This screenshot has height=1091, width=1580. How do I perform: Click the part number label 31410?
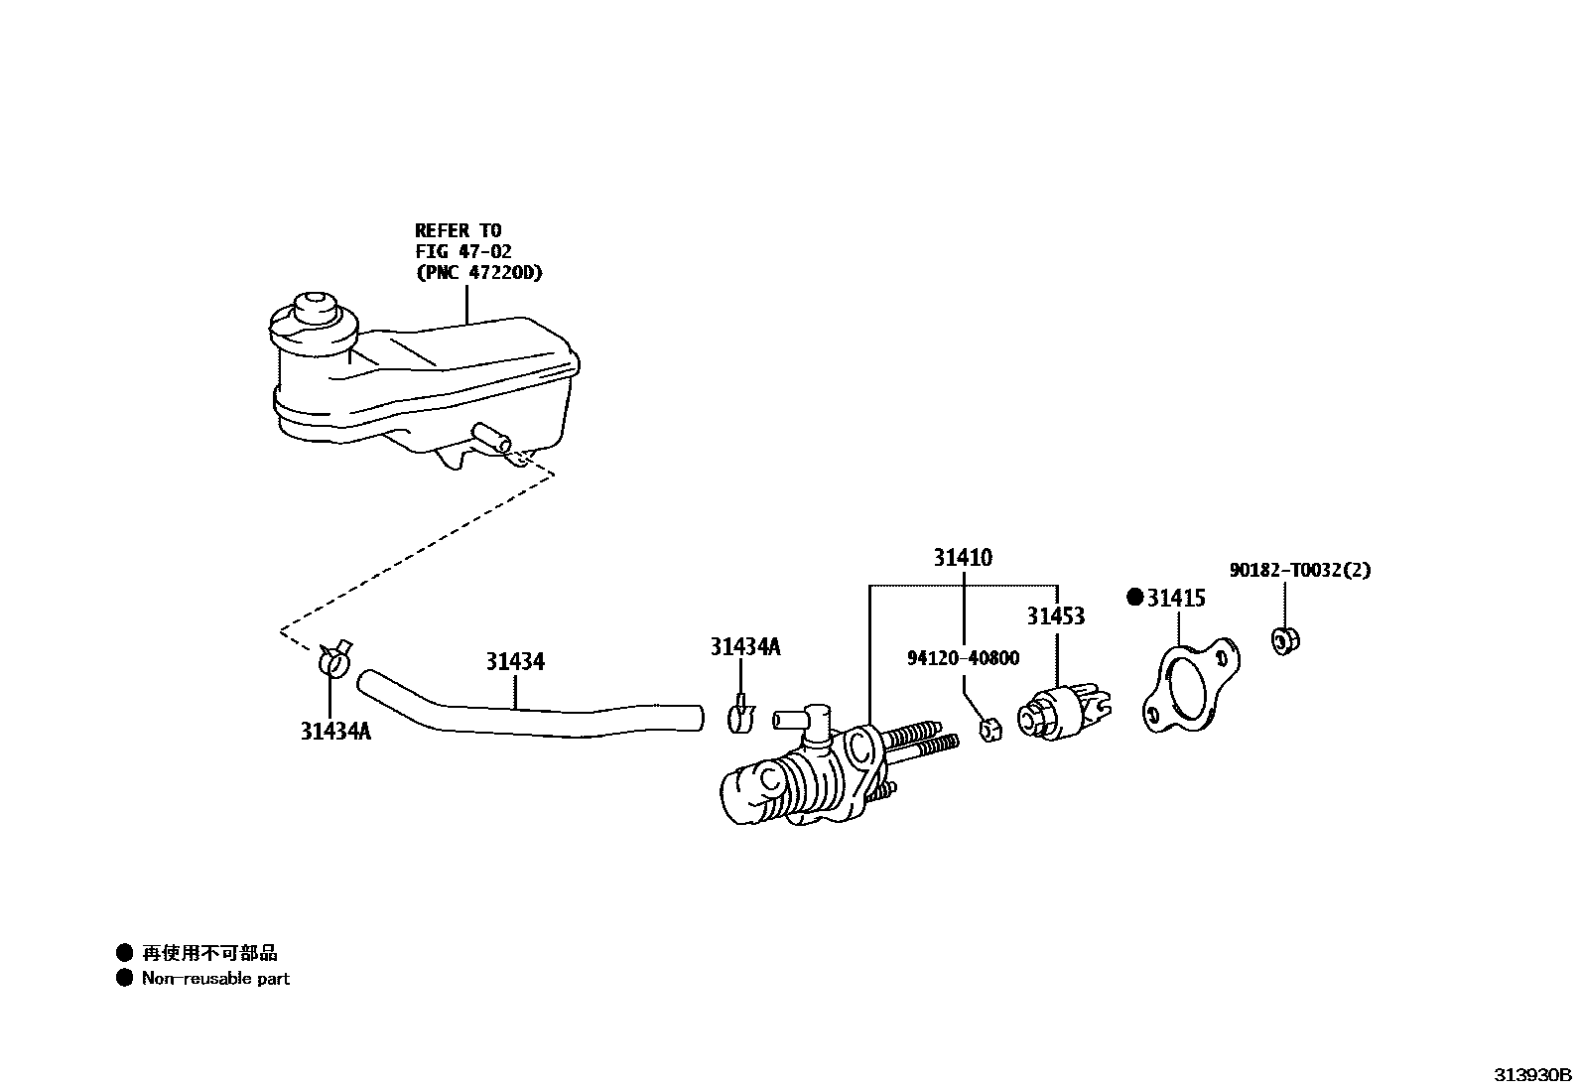point(962,558)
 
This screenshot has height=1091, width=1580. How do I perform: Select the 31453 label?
point(1055,616)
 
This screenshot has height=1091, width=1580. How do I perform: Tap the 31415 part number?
point(1176,598)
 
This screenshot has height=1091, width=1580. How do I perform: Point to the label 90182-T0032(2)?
point(1300,571)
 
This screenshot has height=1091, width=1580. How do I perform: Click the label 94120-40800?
point(963,658)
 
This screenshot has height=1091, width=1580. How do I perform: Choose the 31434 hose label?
point(515,661)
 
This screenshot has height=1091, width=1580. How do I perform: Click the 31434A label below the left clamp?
point(335,732)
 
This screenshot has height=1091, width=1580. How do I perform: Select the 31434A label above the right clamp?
point(744,647)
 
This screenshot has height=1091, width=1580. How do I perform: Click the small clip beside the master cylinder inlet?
point(741,718)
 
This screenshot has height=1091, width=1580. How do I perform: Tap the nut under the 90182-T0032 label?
point(1286,640)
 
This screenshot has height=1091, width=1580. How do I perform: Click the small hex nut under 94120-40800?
point(989,729)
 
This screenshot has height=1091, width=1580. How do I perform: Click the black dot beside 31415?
point(1135,598)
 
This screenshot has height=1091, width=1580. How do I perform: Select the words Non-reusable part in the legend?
point(215,979)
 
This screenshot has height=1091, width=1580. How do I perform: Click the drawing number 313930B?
point(1533,1075)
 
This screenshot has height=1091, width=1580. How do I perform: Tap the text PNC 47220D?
point(479,273)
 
